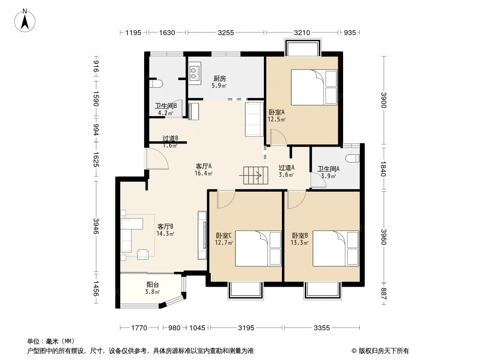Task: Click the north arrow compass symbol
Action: pyautogui.click(x=25, y=20)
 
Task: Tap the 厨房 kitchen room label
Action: pyautogui.click(x=219, y=79)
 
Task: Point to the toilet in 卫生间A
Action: pyautogui.click(x=352, y=158)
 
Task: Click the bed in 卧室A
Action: pyautogui.click(x=314, y=87)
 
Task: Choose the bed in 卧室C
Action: pyautogui.click(x=258, y=248)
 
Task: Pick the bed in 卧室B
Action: pyautogui.click(x=335, y=248)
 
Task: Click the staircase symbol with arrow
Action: pyautogui.click(x=255, y=175)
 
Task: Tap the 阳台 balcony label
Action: pyautogui.click(x=153, y=285)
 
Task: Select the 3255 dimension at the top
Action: pyautogui.click(x=226, y=32)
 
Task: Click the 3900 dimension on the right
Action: pyautogui.click(x=384, y=100)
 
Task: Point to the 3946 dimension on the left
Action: pyautogui.click(x=96, y=226)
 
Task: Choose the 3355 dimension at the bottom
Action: pyautogui.click(x=322, y=328)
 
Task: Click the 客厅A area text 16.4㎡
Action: pyautogui.click(x=204, y=173)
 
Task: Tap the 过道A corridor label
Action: pyautogui.click(x=286, y=167)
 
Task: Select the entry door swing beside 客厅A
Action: pyautogui.click(x=157, y=158)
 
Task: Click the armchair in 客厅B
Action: pyautogui.click(x=143, y=254)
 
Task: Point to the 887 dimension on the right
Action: pyautogui.click(x=384, y=293)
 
